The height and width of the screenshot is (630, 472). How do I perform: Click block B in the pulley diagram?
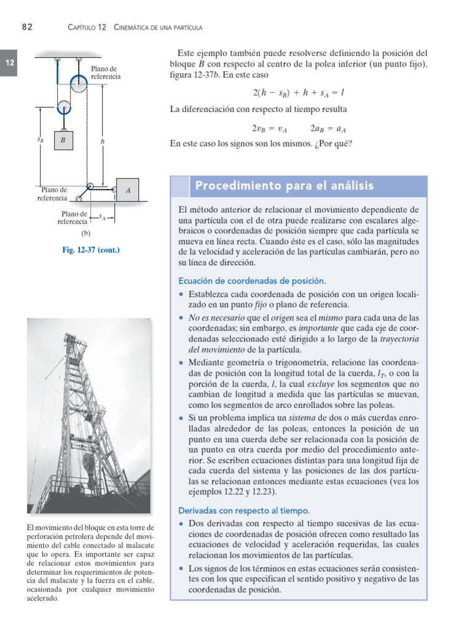point(63,140)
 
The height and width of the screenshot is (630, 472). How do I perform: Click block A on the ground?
point(128,191)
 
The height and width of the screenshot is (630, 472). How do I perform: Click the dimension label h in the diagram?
point(103,141)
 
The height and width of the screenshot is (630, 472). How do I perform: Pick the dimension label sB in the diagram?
point(40,140)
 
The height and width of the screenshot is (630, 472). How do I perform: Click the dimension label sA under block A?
point(102,216)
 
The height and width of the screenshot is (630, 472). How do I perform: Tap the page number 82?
point(27,27)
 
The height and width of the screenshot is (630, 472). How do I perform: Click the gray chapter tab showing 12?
point(10,63)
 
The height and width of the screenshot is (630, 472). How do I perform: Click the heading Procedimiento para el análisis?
point(284,186)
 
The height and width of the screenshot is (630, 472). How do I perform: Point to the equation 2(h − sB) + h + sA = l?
point(298,92)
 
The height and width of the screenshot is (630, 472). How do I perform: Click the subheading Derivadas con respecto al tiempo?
point(244,511)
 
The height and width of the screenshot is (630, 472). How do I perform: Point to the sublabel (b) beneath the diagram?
point(86,234)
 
